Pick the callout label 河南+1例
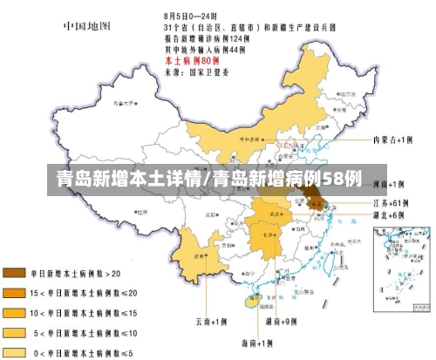389,184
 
